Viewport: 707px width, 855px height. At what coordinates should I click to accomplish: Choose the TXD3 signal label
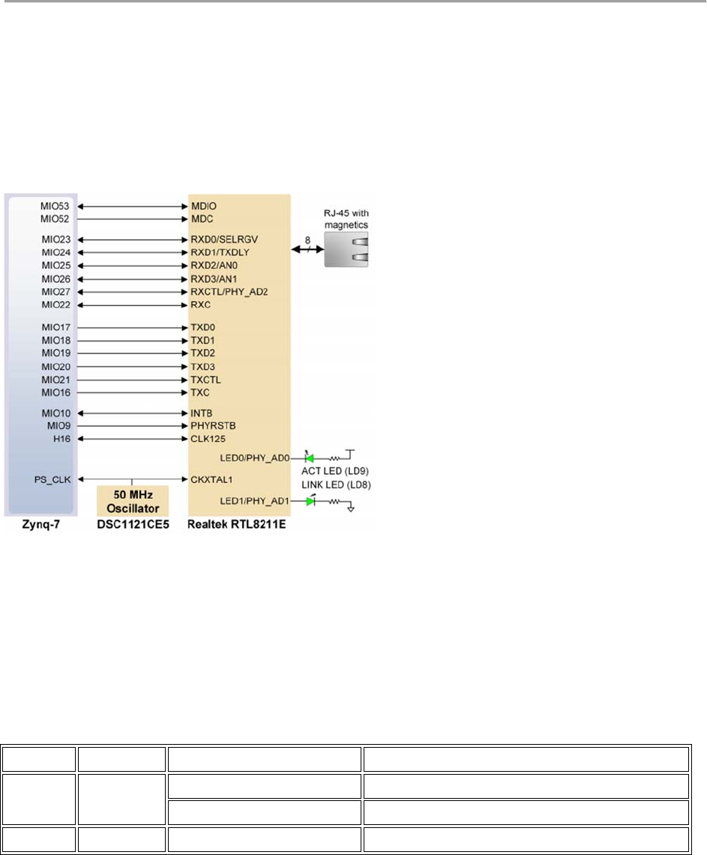pyautogui.click(x=205, y=367)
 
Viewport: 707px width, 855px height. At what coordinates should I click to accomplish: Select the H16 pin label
pyautogui.click(x=61, y=439)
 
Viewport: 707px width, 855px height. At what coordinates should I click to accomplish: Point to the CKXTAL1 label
pyautogui.click(x=213, y=478)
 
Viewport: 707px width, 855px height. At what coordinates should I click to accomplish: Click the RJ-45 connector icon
pyautogui.click(x=348, y=248)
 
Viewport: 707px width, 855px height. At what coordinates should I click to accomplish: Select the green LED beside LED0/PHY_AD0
pyautogui.click(x=310, y=457)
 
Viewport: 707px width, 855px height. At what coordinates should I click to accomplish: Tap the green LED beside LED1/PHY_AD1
pyautogui.click(x=311, y=501)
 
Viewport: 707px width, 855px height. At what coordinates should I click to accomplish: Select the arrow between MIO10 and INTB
pyautogui.click(x=132, y=413)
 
